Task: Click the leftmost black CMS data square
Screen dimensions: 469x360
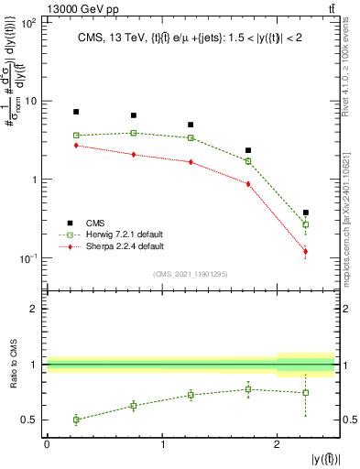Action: (76, 112)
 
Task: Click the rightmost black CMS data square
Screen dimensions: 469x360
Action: (305, 213)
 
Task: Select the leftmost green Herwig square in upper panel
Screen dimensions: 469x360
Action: (76, 136)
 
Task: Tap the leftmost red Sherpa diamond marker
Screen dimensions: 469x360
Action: (76, 146)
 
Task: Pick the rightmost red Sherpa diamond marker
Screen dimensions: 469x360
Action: (305, 251)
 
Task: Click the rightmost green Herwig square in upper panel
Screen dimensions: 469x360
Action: (305, 224)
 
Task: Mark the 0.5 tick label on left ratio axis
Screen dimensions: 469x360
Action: (31, 420)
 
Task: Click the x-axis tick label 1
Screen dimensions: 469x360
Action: (162, 444)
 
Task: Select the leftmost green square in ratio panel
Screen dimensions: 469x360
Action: (76, 420)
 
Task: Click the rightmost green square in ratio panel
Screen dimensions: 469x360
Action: (305, 392)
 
